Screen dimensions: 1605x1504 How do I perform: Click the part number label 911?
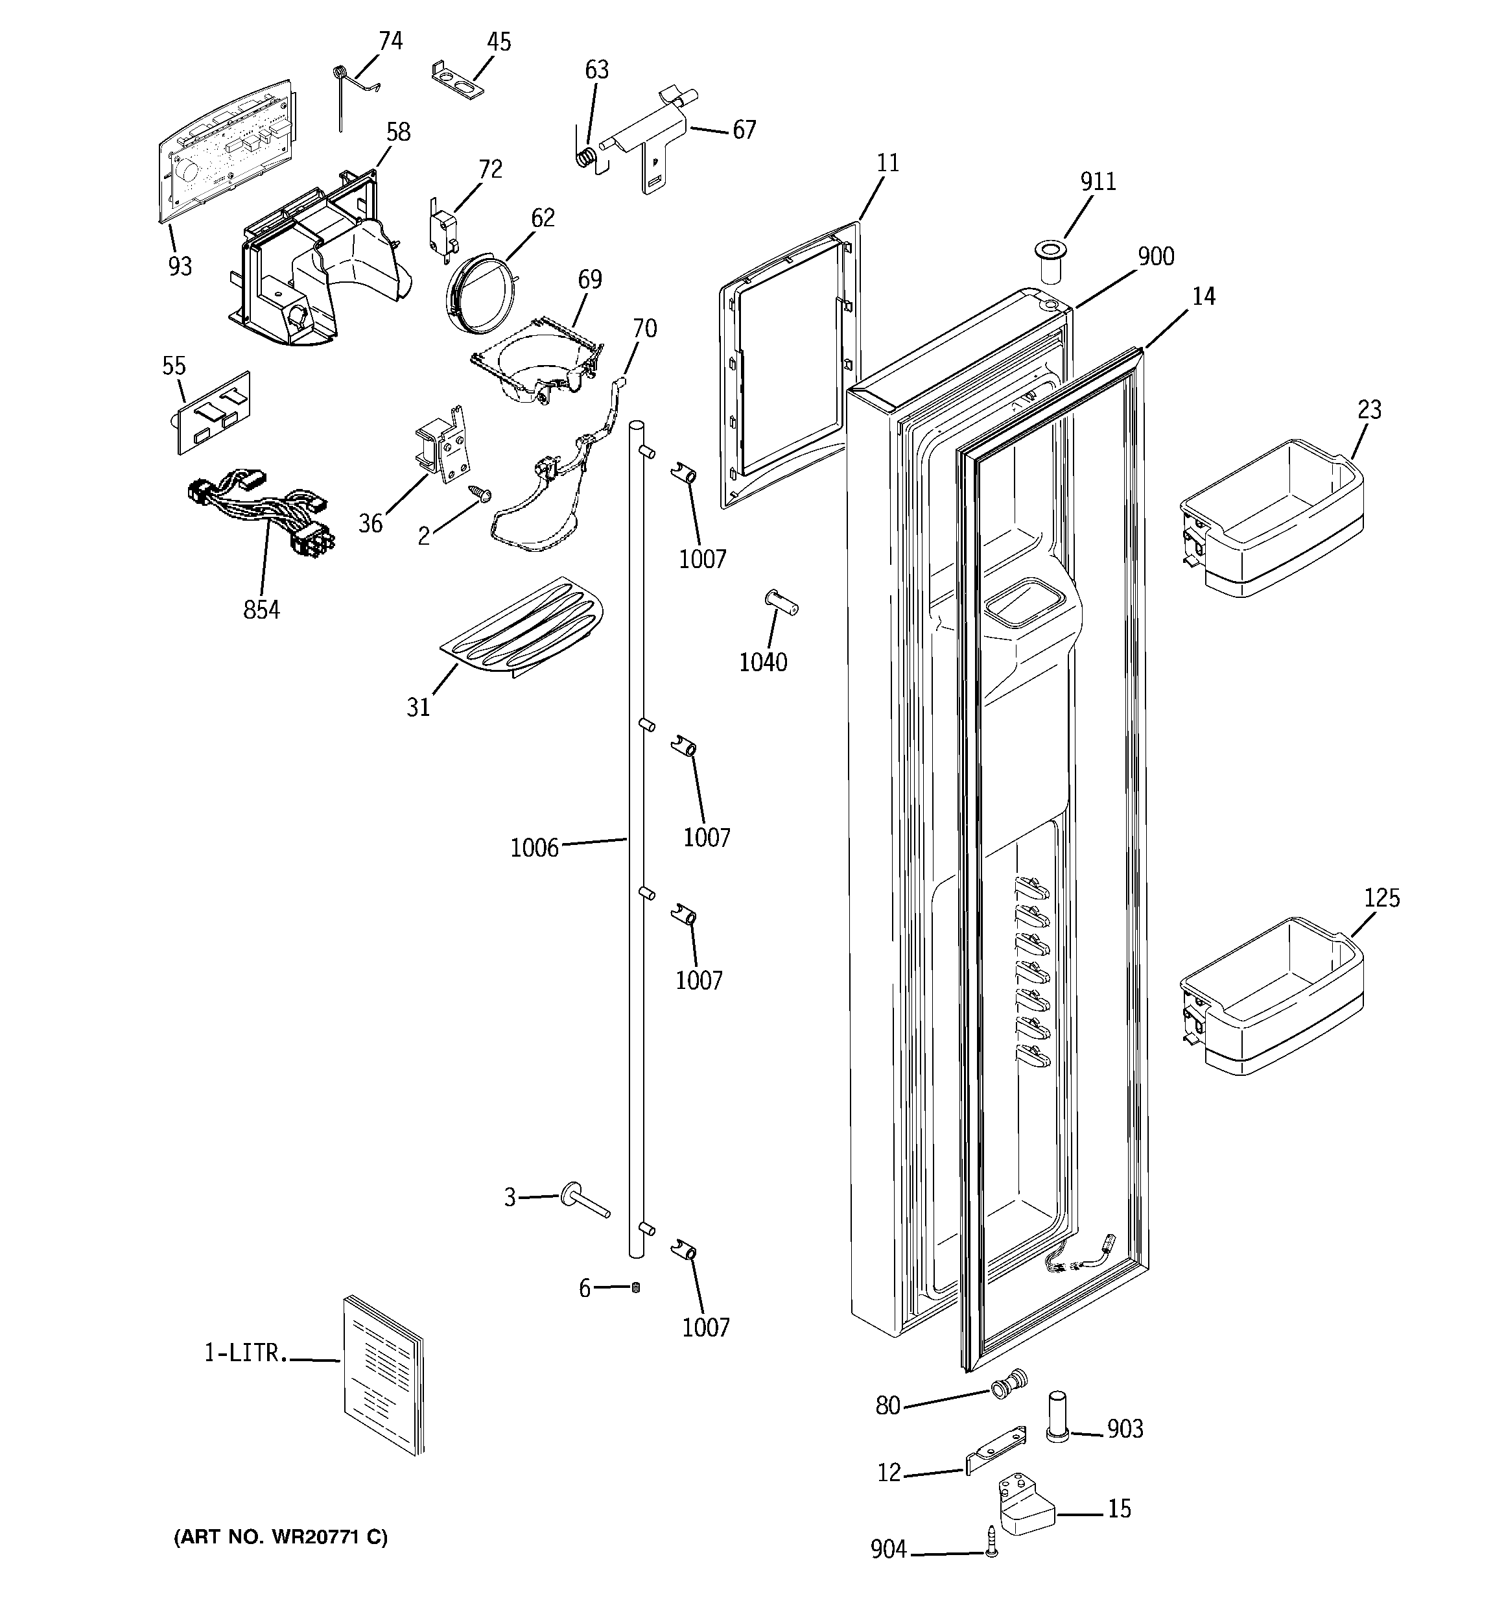1098,182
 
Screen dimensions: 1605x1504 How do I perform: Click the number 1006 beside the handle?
534,848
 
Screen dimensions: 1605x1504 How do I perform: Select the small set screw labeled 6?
635,1288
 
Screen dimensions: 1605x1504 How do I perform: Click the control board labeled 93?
226,149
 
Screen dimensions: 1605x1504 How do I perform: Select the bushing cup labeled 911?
1050,260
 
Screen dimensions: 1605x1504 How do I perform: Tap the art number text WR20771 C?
281,1537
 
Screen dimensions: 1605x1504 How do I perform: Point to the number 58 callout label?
398,132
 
